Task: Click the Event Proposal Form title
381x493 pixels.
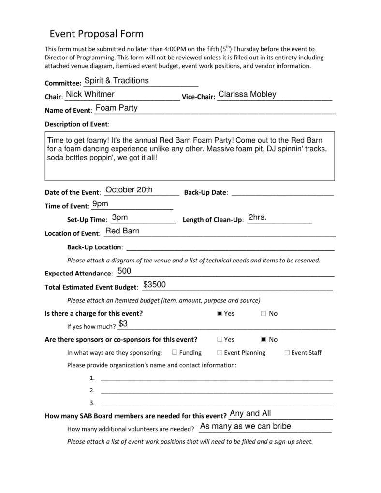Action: click(97, 34)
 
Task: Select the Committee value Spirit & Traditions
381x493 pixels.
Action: click(117, 81)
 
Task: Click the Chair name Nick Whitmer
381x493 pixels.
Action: click(90, 94)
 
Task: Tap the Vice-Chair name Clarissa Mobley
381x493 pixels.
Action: click(247, 94)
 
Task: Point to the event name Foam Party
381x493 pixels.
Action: click(117, 108)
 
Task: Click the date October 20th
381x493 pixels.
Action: click(129, 190)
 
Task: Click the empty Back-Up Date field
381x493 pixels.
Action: click(282, 192)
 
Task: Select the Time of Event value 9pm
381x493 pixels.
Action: click(100, 203)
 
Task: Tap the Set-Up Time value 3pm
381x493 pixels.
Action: click(119, 217)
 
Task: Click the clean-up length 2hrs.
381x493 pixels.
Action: click(257, 217)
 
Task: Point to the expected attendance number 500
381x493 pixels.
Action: click(124, 271)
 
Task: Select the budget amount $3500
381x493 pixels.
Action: click(154, 285)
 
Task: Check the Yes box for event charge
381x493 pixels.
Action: click(220, 313)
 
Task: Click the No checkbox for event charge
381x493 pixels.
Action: click(264, 313)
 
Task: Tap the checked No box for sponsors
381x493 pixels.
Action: click(264, 339)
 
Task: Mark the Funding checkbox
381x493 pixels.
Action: click(175, 352)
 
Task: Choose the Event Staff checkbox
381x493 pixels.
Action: click(287, 352)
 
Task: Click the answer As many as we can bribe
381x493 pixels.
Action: click(245, 426)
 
